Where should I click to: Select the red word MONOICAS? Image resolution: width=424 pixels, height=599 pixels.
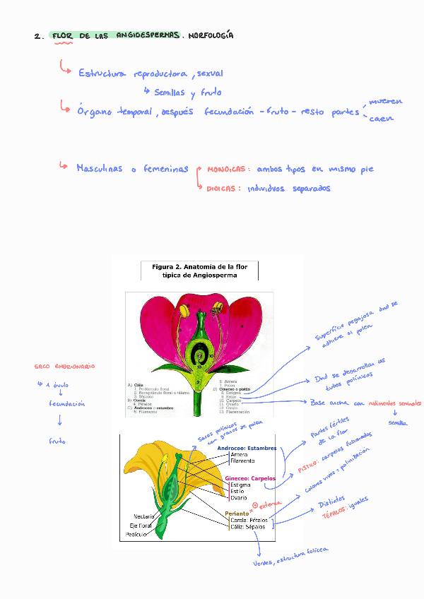point(228,170)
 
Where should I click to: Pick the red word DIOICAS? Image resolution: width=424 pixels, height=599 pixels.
point(220,189)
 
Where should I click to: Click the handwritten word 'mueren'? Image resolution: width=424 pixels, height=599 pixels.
point(386,102)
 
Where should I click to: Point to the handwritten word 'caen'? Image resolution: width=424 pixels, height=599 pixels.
point(382,118)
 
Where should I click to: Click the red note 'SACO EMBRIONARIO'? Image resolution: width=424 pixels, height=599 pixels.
point(64,367)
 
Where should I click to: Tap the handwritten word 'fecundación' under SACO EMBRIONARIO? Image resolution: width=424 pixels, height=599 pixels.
point(67,404)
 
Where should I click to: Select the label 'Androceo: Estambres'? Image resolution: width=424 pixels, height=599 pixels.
point(247,448)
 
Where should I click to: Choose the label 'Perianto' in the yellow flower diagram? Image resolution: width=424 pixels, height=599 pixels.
point(237,514)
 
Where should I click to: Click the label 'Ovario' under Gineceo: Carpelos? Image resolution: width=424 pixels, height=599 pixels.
point(238,498)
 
